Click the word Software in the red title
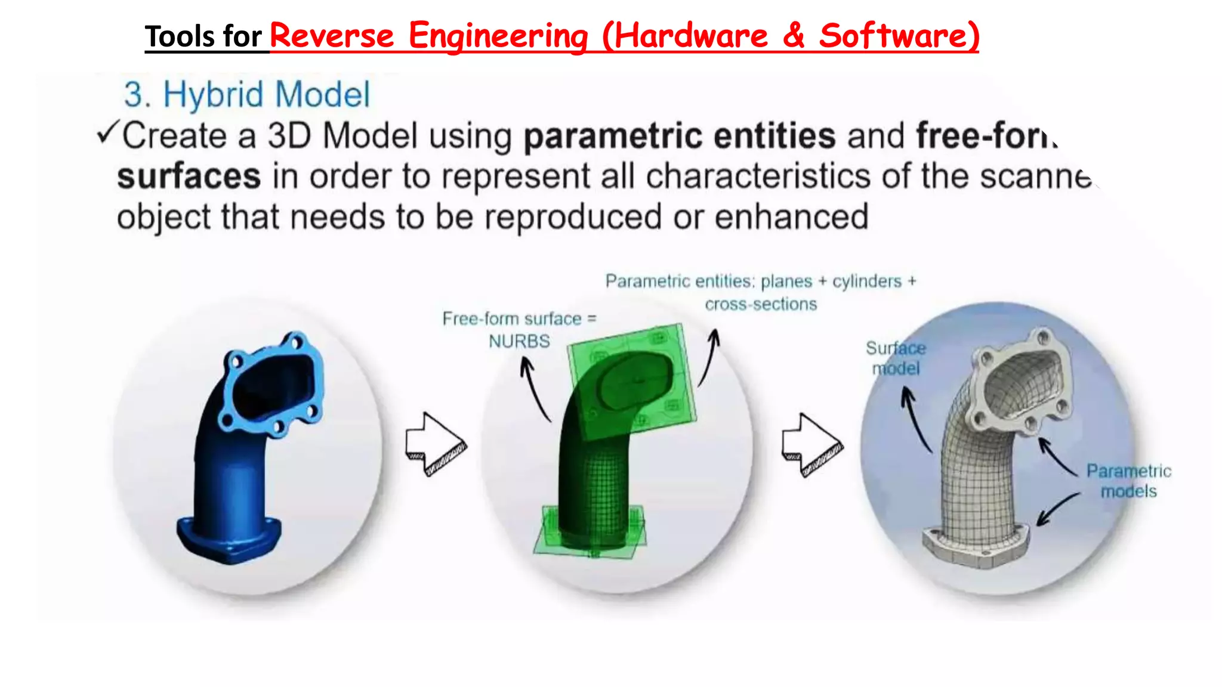[x=899, y=36]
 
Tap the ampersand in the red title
[x=793, y=36]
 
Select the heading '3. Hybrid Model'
[x=246, y=95]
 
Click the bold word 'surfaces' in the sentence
[x=189, y=177]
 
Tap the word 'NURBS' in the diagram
[x=519, y=342]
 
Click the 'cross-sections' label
[x=761, y=305]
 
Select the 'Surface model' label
[x=896, y=358]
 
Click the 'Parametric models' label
[x=1128, y=481]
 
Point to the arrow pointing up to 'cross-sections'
[x=709, y=358]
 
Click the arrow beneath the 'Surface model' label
[x=916, y=417]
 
